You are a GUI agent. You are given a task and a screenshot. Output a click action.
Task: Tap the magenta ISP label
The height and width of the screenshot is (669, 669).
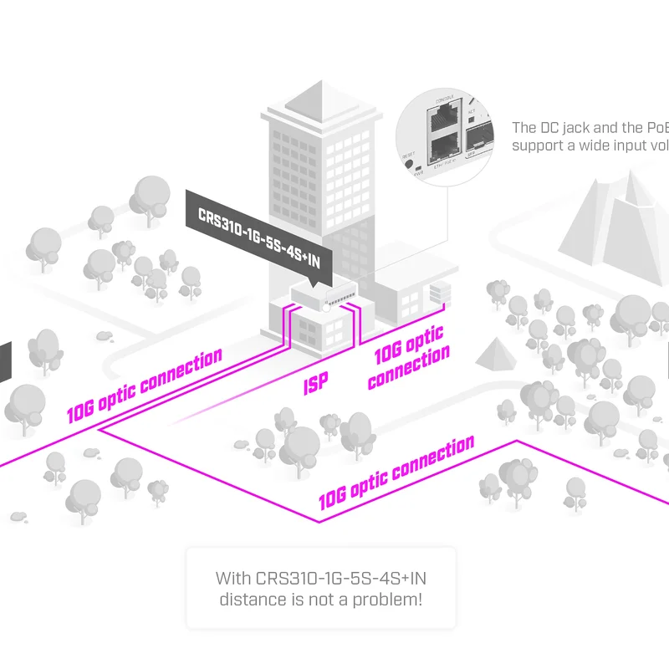[315, 384]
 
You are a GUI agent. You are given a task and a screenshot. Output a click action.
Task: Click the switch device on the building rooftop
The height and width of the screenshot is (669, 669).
[324, 294]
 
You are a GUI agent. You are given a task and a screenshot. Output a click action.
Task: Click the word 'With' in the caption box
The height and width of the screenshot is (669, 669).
[233, 578]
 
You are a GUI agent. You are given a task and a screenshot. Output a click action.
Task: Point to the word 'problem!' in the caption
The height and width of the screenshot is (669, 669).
[391, 600]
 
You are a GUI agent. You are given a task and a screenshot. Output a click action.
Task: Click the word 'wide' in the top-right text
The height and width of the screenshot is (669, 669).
[585, 146]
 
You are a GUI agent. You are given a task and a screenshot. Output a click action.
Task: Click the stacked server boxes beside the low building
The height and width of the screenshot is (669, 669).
[440, 294]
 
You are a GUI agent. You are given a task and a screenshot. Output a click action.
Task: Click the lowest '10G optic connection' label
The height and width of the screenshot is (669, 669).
[396, 473]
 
